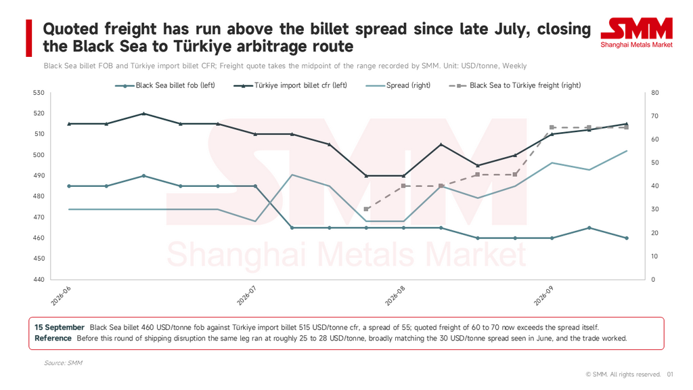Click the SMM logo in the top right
636,32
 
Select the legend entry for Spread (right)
398,85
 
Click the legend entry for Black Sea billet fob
165,85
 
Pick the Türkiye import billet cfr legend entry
290,85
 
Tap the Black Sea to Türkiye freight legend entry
515,85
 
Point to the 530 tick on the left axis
39,93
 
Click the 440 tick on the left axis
39,280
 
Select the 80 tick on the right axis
655,93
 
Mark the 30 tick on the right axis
655,209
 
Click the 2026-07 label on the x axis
246,295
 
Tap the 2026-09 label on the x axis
543,295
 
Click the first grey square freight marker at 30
366,209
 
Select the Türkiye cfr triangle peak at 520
143,113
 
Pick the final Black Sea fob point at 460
626,238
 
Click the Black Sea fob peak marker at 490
143,175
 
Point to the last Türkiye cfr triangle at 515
626,124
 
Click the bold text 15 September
60,328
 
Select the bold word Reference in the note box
53,339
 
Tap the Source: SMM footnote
63,363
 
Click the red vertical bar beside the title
28,38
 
